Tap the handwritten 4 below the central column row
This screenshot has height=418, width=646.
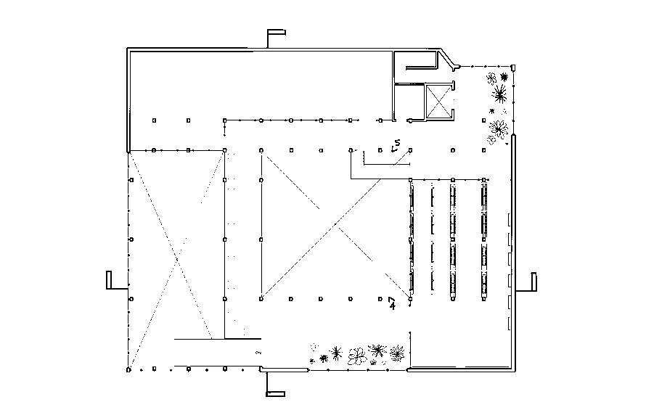coord(392,303)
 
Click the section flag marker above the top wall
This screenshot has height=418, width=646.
coord(275,33)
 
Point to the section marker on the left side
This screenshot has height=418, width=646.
coord(109,279)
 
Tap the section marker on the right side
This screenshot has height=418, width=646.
coord(533,281)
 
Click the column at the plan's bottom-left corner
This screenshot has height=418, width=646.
coord(128,369)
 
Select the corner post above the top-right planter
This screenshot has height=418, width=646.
coord(512,67)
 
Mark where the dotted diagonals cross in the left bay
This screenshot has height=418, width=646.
coord(176,258)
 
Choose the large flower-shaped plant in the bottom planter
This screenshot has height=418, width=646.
coord(356,356)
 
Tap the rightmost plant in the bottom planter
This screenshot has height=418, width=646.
coord(396,353)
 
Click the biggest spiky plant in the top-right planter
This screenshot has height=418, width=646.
coord(499,93)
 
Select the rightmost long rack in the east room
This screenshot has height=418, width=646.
coord(483,240)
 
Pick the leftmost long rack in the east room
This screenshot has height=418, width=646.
coord(412,240)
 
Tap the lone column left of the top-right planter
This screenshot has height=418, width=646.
coord(483,120)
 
